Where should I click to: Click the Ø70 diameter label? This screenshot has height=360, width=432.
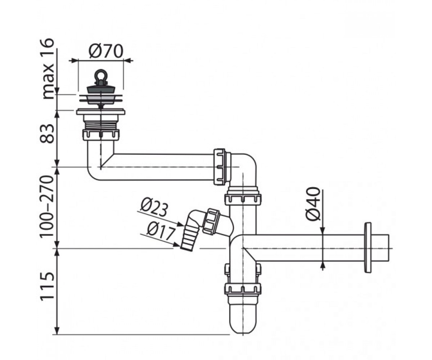106,51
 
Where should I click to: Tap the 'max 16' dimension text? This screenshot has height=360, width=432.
48,69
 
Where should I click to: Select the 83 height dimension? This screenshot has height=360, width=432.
47,134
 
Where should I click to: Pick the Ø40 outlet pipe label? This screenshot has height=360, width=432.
313,204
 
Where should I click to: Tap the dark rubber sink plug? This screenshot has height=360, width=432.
101,88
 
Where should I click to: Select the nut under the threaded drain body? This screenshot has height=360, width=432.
101,135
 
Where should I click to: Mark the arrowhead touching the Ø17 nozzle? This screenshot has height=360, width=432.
176,245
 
